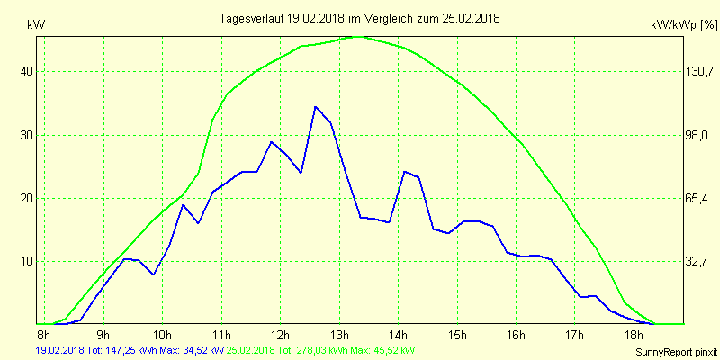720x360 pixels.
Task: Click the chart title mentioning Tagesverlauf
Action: click(360, 18)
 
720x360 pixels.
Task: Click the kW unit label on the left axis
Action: click(35, 24)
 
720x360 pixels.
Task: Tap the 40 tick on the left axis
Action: click(27, 72)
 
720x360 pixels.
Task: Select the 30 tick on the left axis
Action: click(27, 135)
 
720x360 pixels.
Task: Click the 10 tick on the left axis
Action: click(27, 261)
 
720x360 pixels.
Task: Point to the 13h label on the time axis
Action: click(339, 336)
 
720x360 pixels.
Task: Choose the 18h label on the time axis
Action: click(634, 336)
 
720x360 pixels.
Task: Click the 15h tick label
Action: click(457, 336)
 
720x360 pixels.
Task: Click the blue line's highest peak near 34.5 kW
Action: click(315, 107)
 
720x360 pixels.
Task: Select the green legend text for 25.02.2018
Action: click(321, 349)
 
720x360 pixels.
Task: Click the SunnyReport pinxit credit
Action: click(674, 351)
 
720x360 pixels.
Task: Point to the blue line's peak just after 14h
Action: click(405, 171)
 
